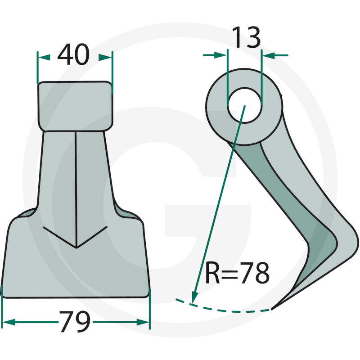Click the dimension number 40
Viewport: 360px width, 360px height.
point(73,54)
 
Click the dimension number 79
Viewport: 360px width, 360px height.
point(75,321)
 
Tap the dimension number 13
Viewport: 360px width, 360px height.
point(246,37)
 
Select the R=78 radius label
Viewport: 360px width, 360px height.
point(238,273)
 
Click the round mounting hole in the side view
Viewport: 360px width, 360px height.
point(244,105)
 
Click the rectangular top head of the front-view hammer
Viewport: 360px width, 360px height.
point(75,106)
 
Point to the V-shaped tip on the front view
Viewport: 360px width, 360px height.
point(76,247)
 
